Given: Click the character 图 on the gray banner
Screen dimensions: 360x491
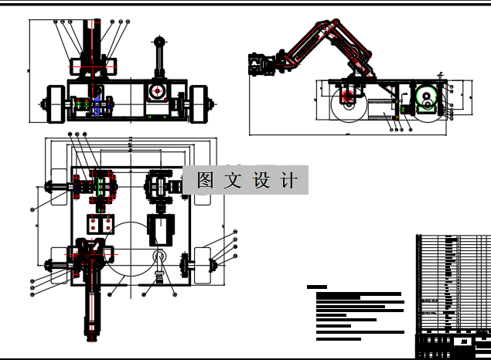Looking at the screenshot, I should (x=205, y=180).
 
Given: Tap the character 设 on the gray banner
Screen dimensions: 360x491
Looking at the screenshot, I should (x=261, y=180).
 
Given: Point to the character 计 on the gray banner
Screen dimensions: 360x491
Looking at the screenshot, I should (x=289, y=180).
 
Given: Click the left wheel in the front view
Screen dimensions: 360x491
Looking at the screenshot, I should (x=55, y=104).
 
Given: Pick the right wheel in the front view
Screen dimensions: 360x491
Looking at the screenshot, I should (x=200, y=104).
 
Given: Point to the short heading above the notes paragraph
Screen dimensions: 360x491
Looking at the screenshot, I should (x=317, y=287).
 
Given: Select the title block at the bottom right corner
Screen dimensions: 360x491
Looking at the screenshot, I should (x=452, y=341).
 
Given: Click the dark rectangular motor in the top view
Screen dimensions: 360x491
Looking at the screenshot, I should (x=162, y=229).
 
